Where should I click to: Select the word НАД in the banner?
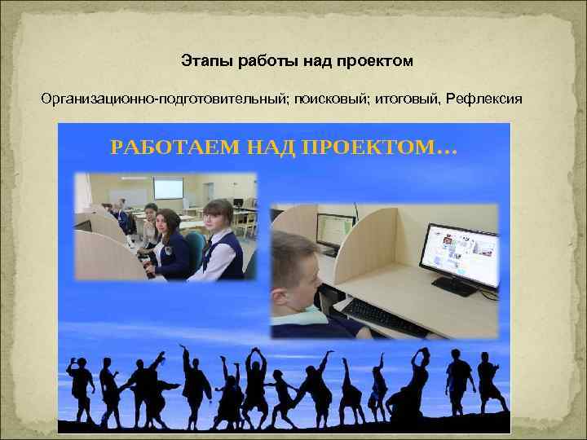coord(267,148)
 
